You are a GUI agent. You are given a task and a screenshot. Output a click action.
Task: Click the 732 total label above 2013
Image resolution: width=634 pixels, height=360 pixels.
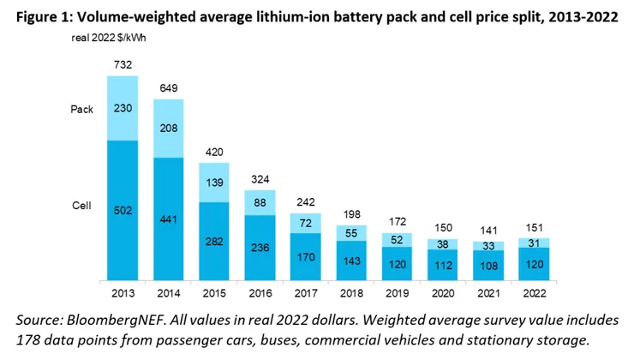pyautogui.click(x=123, y=65)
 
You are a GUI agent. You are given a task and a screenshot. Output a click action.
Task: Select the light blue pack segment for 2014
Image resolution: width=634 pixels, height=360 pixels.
pyautogui.click(x=169, y=129)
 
